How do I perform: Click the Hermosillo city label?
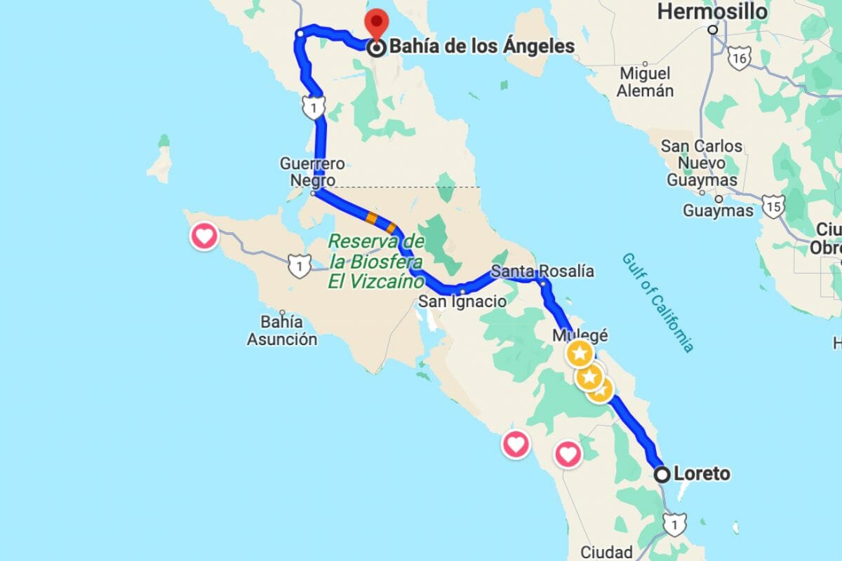pyautogui.click(x=711, y=12)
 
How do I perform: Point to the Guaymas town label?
pyautogui.click(x=718, y=210)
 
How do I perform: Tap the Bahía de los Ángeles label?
pyautogui.click(x=481, y=47)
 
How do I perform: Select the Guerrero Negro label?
pyautogui.click(x=312, y=172)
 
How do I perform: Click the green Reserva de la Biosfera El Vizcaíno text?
pyautogui.click(x=377, y=262)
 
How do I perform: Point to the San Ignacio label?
pyautogui.click(x=462, y=301)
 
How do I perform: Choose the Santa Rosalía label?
pyautogui.click(x=542, y=271)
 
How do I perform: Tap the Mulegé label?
pyautogui.click(x=579, y=335)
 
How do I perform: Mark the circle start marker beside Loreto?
pyautogui.click(x=662, y=475)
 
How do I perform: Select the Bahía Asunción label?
pyautogui.click(x=281, y=330)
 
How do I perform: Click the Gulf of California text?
pyautogui.click(x=657, y=302)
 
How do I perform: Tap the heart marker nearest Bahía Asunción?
pyautogui.click(x=204, y=236)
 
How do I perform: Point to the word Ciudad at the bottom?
pyautogui.click(x=606, y=551)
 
